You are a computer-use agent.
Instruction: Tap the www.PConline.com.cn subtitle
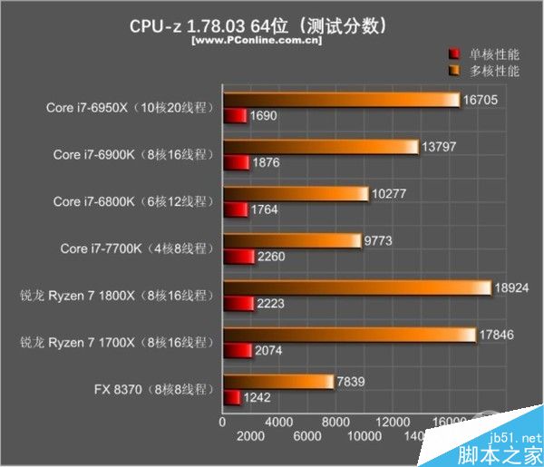(x=255, y=41)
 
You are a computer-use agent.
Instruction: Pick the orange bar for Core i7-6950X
(x=341, y=100)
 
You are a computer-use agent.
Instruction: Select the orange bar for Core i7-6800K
(x=296, y=194)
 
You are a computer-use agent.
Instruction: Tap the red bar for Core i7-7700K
(x=239, y=256)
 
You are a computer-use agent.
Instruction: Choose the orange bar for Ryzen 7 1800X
(x=356, y=288)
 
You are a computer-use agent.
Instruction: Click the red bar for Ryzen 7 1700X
(x=238, y=350)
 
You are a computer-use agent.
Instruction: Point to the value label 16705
(x=481, y=100)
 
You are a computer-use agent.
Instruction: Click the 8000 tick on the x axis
(x=336, y=422)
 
